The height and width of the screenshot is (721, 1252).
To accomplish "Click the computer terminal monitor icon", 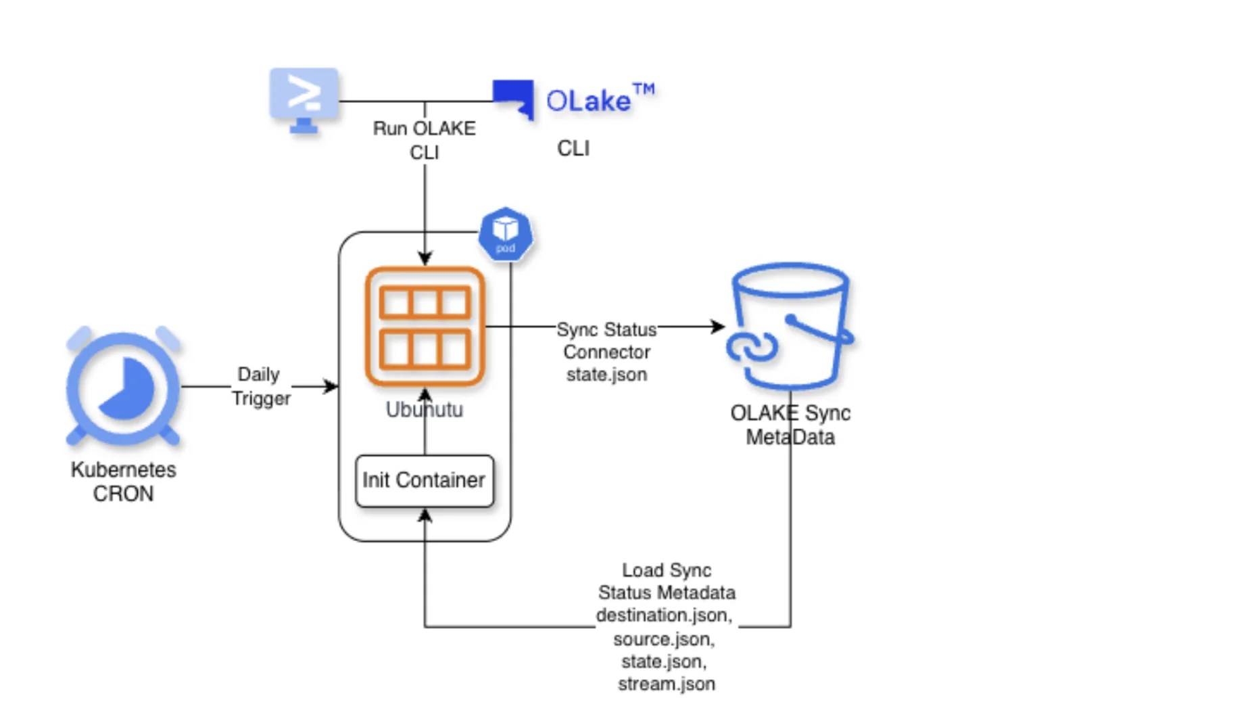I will [x=304, y=99].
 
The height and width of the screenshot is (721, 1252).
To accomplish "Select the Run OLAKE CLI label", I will [x=424, y=140].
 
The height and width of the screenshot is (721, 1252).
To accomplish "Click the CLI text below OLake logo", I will [x=573, y=148].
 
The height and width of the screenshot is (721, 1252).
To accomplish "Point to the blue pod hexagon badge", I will [x=505, y=234].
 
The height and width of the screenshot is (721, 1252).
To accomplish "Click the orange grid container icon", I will [x=425, y=327].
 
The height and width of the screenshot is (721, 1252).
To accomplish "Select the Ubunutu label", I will [x=424, y=410].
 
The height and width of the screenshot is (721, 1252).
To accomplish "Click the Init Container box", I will [x=424, y=480].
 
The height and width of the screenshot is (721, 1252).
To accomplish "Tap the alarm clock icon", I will [x=123, y=386].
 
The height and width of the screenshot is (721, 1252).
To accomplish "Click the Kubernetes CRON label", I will [x=123, y=481].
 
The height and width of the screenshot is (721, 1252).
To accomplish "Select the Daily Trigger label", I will [x=260, y=386].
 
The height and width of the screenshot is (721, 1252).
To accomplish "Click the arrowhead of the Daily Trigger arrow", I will [x=332, y=386].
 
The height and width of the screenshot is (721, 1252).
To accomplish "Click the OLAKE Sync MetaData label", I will [x=790, y=425].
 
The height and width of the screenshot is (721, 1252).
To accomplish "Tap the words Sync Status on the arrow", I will [x=606, y=329].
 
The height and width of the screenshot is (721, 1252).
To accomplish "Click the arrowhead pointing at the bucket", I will [x=719, y=327].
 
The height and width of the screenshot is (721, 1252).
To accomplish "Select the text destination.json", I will [x=663, y=615].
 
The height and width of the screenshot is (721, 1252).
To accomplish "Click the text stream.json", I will [x=666, y=684].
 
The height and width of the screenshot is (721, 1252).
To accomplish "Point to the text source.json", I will [x=663, y=638].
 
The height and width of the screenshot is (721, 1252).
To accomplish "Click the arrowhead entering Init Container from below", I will [x=425, y=516].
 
